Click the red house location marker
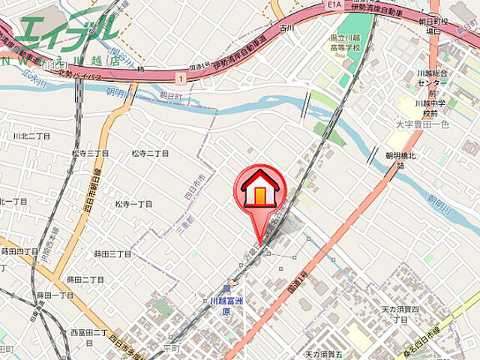pyautogui.click(x=259, y=191)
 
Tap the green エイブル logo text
pyautogui.click(x=66, y=30)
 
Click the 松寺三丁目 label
pyautogui.click(x=89, y=153)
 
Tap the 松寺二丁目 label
pyautogui.click(x=150, y=153)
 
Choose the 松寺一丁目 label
pyautogui.click(x=133, y=203)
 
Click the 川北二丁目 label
pyautogui.click(x=31, y=136)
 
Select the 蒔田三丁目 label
pyautogui.click(x=112, y=254)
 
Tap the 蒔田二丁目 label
pyautogui.click(x=85, y=279)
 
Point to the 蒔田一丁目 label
pyautogui.click(x=55, y=295)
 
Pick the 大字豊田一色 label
pyautogui.click(x=423, y=123)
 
